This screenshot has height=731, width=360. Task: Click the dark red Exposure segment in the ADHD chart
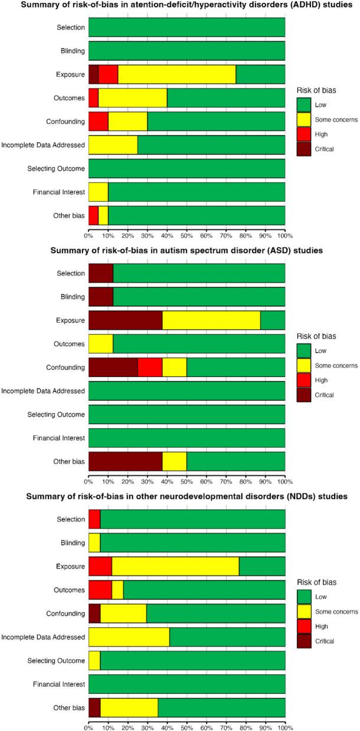pos(93,74)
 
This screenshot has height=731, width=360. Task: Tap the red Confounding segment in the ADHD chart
pos(98,122)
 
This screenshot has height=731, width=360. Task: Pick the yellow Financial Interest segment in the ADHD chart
pos(98,192)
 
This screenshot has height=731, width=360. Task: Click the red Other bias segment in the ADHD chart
pos(93,216)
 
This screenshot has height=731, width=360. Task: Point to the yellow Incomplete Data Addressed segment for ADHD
pos(113,145)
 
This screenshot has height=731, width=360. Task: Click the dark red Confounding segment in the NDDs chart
pos(94,613)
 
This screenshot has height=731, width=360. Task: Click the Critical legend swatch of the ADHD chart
pos(305,149)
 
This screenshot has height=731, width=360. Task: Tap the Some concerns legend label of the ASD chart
pos(337,366)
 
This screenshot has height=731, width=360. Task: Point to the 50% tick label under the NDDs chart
pos(187,725)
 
